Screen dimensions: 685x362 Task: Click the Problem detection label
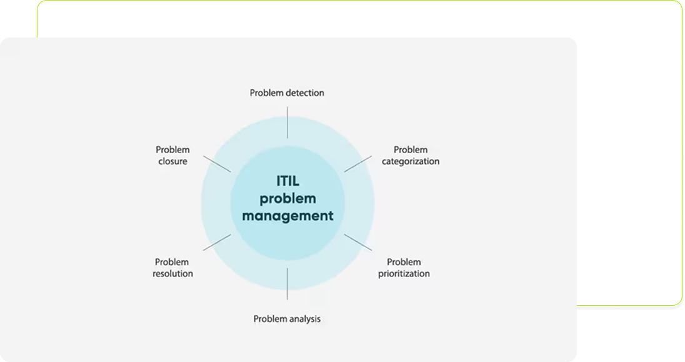coord(287,93)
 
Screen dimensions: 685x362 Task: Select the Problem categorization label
coord(411,156)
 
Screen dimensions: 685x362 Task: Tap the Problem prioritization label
coord(404,268)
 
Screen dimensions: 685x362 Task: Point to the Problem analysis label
coord(287,319)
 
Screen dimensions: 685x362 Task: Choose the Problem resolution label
coord(172,268)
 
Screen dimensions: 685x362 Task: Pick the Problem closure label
coord(172,155)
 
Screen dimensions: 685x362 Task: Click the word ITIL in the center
coord(288,181)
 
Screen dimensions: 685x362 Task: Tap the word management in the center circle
coord(288,216)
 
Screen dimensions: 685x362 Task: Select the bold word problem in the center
coord(288,198)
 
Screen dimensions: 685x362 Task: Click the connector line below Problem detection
coord(287,123)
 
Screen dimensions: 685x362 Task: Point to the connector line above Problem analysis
coord(287,284)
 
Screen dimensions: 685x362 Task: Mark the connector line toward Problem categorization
coord(358,164)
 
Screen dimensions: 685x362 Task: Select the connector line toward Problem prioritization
coord(358,242)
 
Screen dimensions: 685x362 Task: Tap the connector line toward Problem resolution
coord(217,242)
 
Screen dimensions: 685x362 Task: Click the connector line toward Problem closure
coord(217,164)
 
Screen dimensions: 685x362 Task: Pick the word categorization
coord(411,161)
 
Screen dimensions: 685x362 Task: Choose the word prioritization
coord(404,274)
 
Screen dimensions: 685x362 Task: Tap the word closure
coord(173,161)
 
